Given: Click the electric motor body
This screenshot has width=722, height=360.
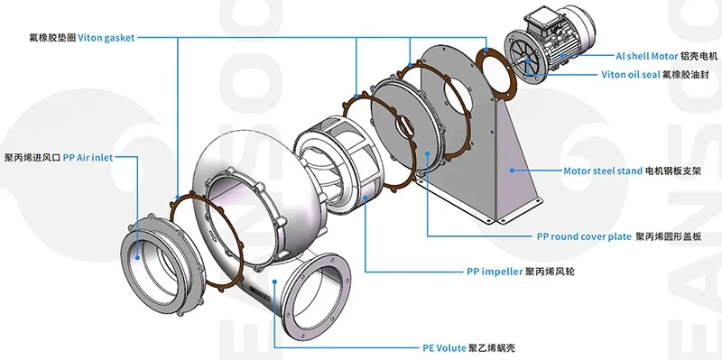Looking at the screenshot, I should (545, 45).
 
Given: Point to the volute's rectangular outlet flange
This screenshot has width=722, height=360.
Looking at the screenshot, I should (311, 288).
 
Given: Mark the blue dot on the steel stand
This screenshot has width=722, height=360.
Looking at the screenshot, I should (511, 169).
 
